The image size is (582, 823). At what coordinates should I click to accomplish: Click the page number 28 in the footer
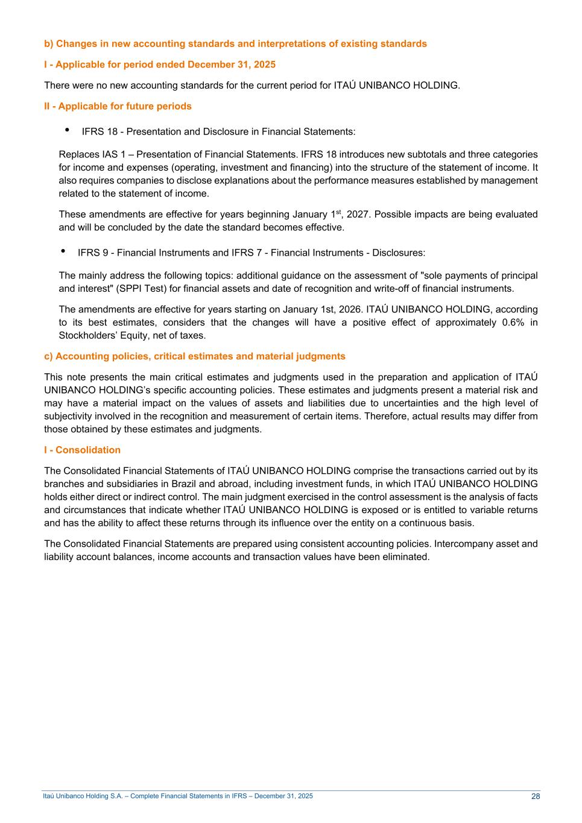[536, 796]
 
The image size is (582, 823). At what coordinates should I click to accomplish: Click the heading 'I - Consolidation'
[82, 450]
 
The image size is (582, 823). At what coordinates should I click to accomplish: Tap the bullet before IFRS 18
[67, 130]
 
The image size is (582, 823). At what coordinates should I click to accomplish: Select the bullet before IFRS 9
[63, 251]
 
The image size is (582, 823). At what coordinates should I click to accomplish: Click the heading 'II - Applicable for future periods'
[118, 107]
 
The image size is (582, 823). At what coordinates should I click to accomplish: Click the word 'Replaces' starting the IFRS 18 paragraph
[79, 155]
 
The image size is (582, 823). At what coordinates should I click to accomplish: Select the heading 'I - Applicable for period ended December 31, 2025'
[160, 65]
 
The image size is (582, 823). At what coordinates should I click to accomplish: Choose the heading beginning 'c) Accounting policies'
[194, 356]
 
